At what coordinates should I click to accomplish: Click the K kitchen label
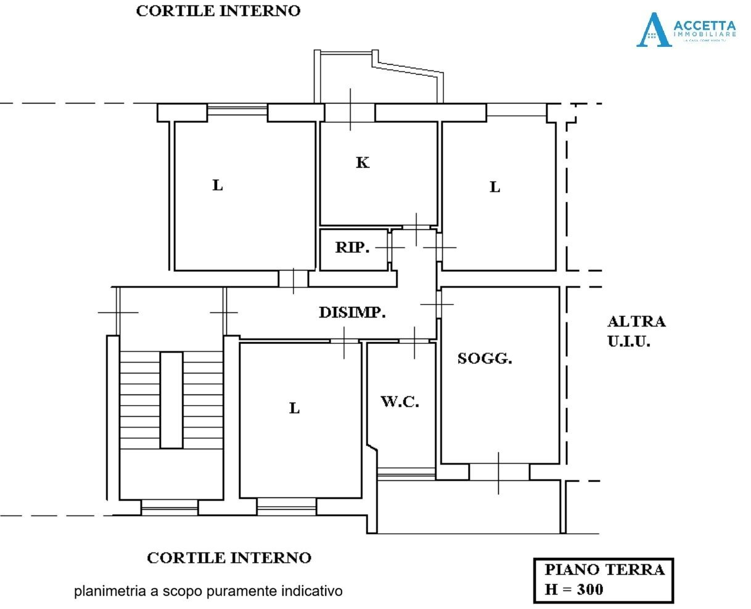(363, 163)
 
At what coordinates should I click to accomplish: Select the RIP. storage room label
(352, 248)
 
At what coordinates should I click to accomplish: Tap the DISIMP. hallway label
(352, 313)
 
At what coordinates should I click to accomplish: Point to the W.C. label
(400, 402)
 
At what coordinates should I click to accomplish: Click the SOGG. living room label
(484, 358)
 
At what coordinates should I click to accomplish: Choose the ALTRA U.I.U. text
(636, 331)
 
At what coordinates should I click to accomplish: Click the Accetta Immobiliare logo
(686, 30)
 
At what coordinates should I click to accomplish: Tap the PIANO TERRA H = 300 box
(603, 579)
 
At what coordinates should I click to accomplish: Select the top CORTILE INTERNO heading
(218, 11)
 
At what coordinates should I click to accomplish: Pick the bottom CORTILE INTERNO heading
(229, 558)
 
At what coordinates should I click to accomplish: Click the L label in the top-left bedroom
(218, 186)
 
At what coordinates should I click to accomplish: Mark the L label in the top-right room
(495, 187)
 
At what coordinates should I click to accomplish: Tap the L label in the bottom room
(295, 408)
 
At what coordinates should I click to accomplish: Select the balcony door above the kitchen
(350, 112)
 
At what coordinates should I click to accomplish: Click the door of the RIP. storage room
(390, 248)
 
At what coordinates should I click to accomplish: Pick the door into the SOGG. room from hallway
(438, 303)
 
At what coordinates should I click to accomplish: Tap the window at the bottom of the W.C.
(406, 473)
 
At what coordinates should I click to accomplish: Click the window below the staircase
(170, 507)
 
